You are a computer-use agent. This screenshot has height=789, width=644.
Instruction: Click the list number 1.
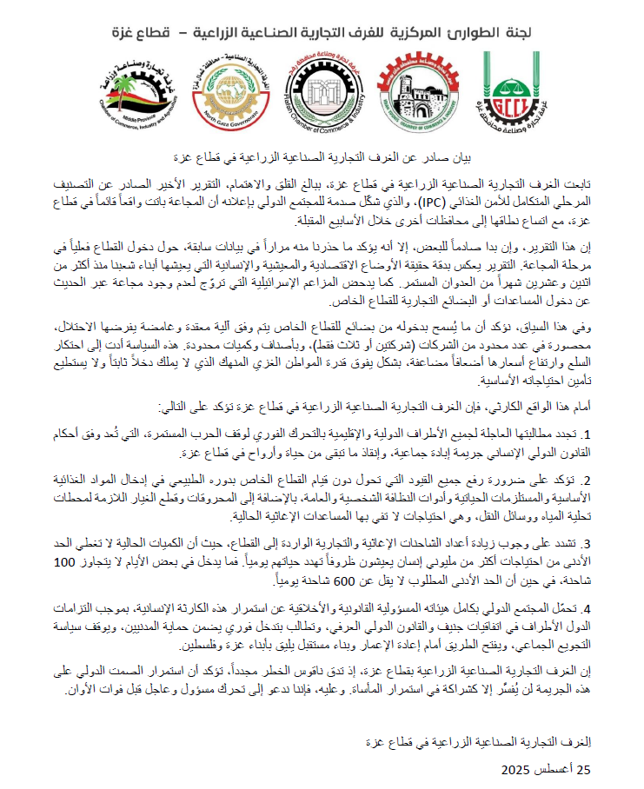[586, 434]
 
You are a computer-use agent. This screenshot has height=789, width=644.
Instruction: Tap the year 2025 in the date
[519, 770]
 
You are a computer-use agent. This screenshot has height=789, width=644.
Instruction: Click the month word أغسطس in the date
[554, 770]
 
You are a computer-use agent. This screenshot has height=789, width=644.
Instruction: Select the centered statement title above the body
[322, 157]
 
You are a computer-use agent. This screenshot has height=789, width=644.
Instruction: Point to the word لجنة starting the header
[560, 33]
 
